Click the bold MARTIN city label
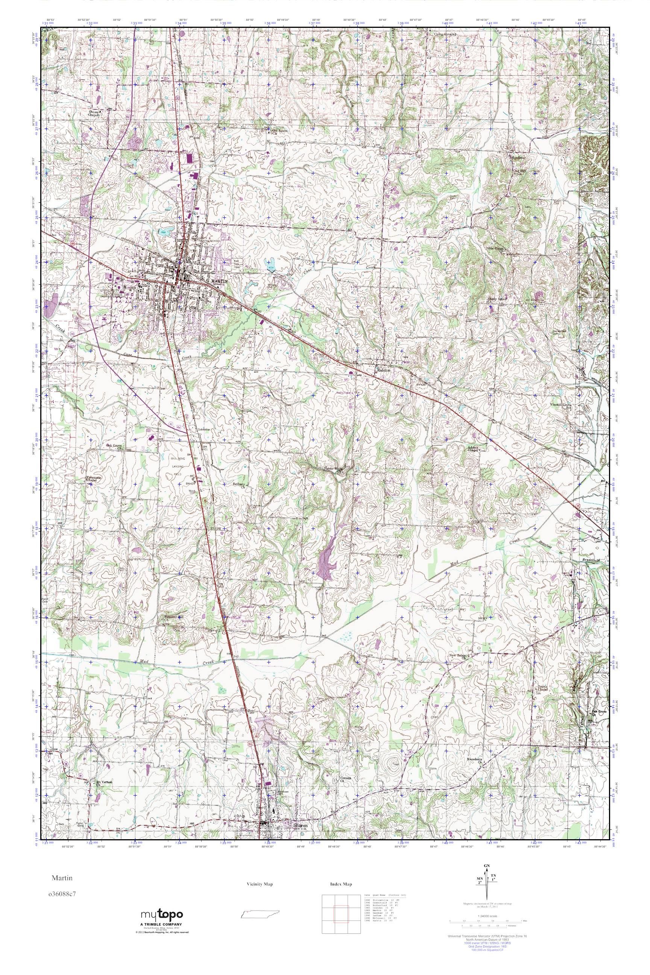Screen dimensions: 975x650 pos(220,281)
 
